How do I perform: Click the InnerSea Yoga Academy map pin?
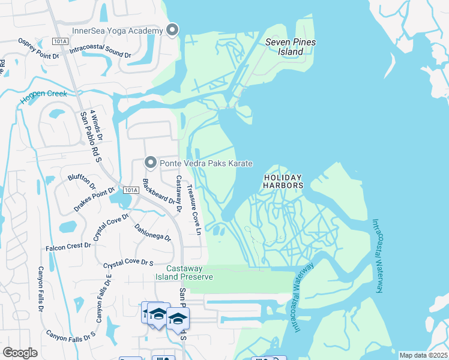click(x=172, y=29)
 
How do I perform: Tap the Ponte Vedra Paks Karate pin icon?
click(x=150, y=163)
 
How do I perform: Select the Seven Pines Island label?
click(x=291, y=47)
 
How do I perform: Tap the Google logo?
click(x=20, y=352)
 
